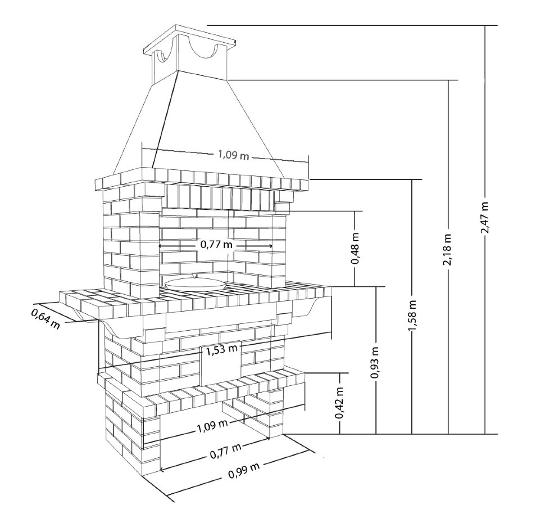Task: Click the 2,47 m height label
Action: click(485, 218)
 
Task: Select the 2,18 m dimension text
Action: click(448, 250)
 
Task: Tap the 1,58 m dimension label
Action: click(412, 315)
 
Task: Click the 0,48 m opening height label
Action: click(355, 248)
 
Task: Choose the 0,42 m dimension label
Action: click(339, 403)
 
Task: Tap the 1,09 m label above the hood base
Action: click(234, 155)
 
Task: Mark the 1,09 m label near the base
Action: click(212, 426)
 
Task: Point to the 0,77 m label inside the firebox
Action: click(216, 245)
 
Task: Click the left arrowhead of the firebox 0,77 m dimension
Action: click(161, 246)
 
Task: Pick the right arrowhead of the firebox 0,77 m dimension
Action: click(270, 246)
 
